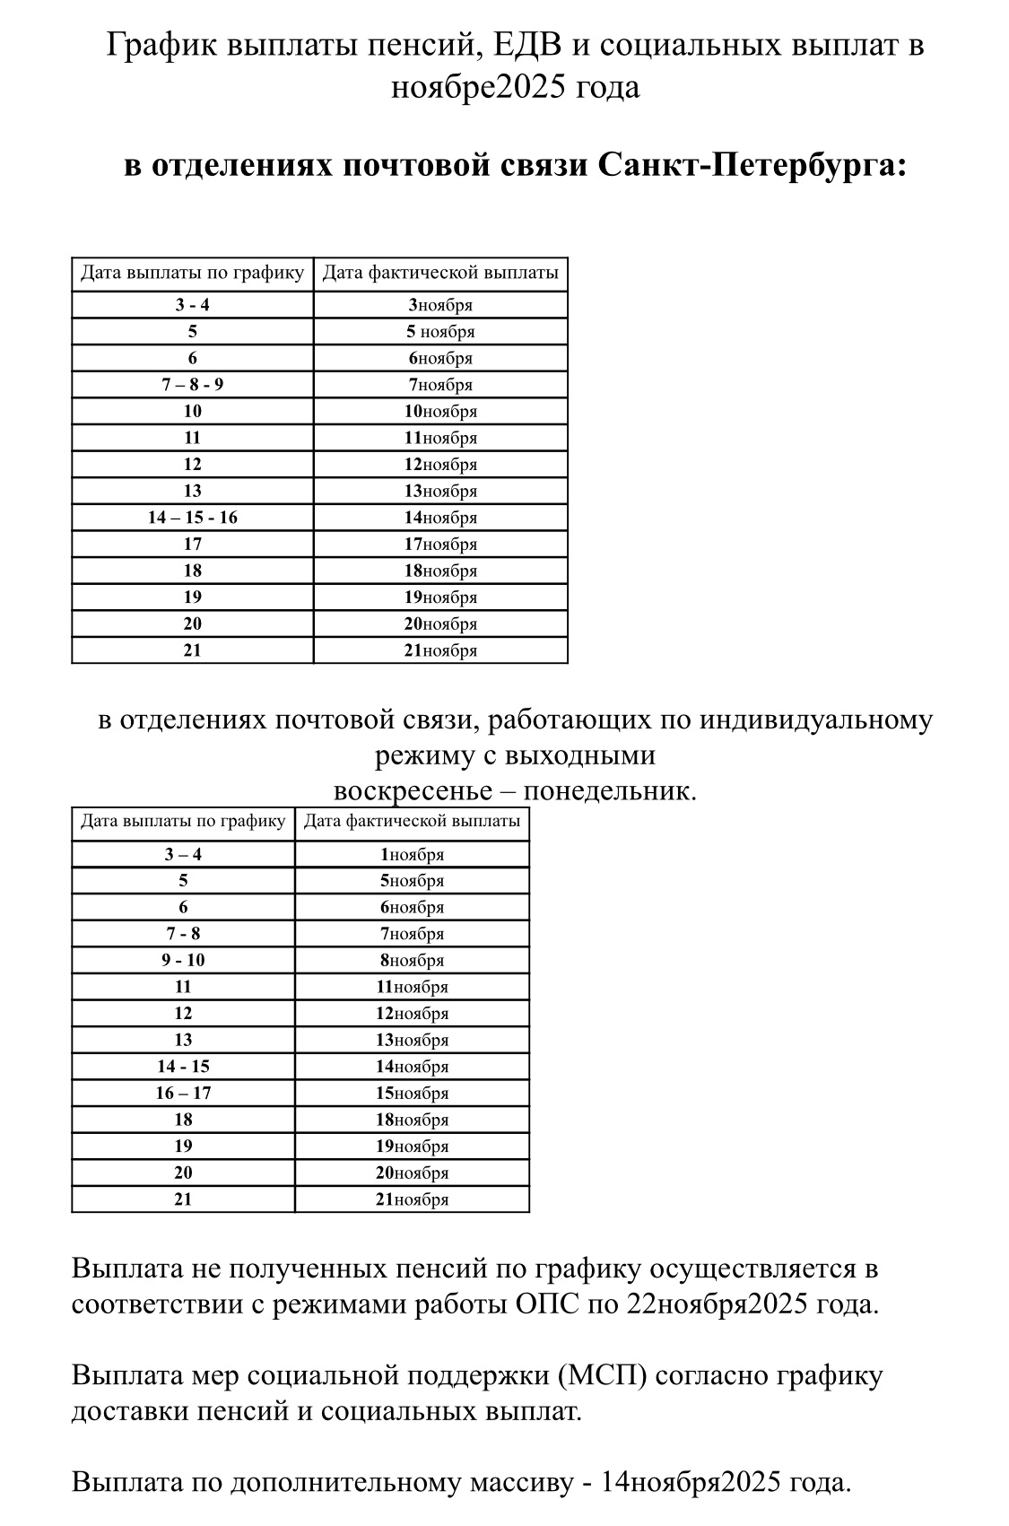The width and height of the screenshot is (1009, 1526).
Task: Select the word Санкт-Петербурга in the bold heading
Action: (750, 166)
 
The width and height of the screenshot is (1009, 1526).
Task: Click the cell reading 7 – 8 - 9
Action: (193, 385)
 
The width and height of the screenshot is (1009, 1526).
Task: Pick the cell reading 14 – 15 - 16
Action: (193, 518)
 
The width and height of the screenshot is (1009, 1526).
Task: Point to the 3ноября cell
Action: (440, 305)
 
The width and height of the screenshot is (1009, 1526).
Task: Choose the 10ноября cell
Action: (440, 412)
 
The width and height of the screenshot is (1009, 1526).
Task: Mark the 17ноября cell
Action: (440, 545)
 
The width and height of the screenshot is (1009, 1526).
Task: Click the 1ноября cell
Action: (412, 855)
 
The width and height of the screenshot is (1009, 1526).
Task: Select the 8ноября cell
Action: (412, 961)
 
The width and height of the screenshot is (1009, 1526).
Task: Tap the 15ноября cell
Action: (412, 1094)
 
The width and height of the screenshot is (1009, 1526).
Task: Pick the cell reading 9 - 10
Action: (183, 960)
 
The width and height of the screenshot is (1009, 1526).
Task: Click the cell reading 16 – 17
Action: (183, 1093)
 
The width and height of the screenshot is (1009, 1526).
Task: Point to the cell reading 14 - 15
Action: (183, 1067)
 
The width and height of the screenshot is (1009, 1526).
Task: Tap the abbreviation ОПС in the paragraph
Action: (548, 1304)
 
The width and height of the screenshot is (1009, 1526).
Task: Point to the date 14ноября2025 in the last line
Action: (692, 1482)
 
